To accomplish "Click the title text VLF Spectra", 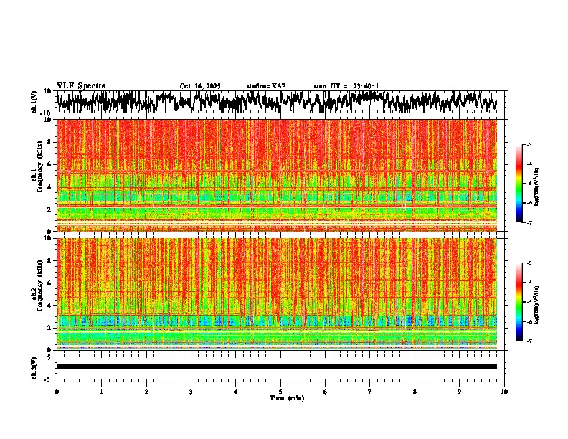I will click(x=81, y=85).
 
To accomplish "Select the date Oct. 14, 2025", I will click(x=200, y=86).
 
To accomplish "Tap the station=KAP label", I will click(x=265, y=86).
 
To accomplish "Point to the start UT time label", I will click(x=346, y=86).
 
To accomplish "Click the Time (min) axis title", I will click(x=280, y=397).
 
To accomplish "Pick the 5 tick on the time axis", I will click(x=280, y=392).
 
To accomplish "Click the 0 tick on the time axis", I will click(x=57, y=392).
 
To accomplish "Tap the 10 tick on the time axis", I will click(x=504, y=392).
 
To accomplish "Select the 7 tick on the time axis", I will click(x=370, y=392).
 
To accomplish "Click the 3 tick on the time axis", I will click(x=191, y=392).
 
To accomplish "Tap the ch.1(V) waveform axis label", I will click(x=34, y=102).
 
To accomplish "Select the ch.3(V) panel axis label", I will click(x=34, y=367).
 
